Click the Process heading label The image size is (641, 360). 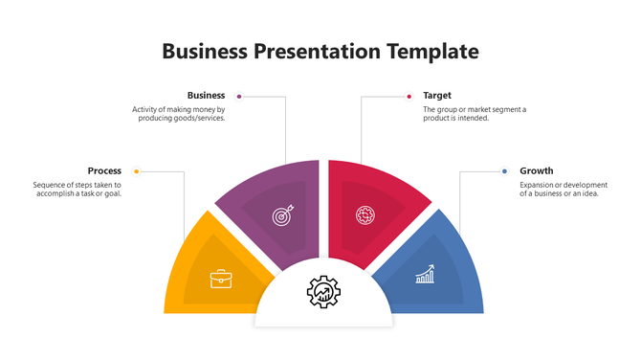pyautogui.click(x=104, y=171)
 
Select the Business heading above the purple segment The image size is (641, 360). pyautogui.click(x=206, y=96)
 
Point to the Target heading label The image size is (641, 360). pyautogui.click(x=437, y=96)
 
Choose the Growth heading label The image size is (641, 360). pyautogui.click(x=537, y=171)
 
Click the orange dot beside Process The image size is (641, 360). pyautogui.click(x=137, y=171)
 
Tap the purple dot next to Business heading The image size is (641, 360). pyautogui.click(x=238, y=96)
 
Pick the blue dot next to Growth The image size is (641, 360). pyautogui.click(x=504, y=171)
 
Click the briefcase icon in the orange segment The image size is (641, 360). pyautogui.click(x=220, y=279)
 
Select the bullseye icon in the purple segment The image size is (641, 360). pyautogui.click(x=281, y=215)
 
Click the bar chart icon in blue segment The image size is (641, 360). pyautogui.click(x=425, y=276)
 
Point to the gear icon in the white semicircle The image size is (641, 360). pyautogui.click(x=322, y=290)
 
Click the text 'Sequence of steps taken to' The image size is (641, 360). pyautogui.click(x=77, y=185)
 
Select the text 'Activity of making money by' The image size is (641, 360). pyautogui.click(x=178, y=109)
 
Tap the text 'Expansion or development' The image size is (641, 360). pyautogui.click(x=563, y=185)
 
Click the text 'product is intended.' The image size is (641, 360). pyautogui.click(x=455, y=118)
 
